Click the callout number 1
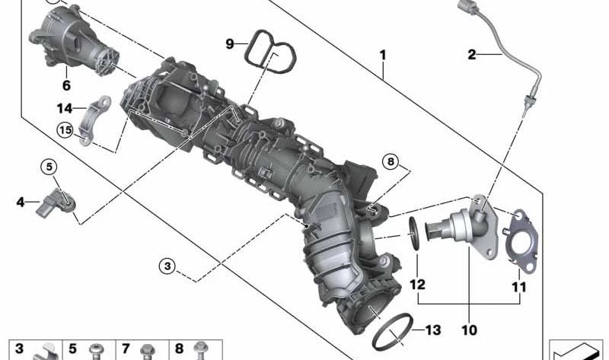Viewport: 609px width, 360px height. point(383,56)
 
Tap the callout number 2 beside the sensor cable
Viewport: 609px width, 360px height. point(472,54)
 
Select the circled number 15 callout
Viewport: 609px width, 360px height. point(65,130)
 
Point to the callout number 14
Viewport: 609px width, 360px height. point(64,108)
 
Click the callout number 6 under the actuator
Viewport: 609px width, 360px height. point(66,86)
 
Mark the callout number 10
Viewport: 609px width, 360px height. point(468,330)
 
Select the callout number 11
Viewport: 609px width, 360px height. point(518,287)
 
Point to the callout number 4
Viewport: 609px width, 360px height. point(20,202)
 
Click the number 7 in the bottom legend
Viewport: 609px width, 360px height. point(126,349)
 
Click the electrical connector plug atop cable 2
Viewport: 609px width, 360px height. point(467,8)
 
